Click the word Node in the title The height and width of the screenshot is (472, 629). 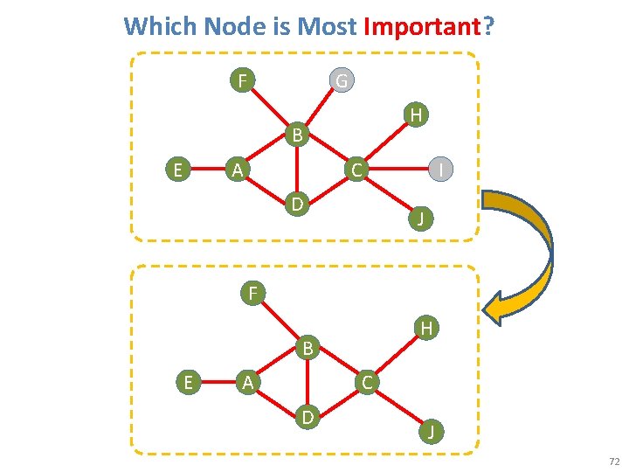[x=235, y=26]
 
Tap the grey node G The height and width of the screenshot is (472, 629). [x=342, y=81]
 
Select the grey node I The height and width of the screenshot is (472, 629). [x=443, y=169]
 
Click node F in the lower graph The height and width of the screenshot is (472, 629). [x=252, y=292]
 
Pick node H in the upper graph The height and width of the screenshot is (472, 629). [x=417, y=115]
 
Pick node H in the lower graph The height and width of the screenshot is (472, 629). [x=426, y=328]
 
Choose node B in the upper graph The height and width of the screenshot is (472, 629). [x=298, y=135]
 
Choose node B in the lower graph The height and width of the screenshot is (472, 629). [x=308, y=348]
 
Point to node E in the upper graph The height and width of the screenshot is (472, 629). [x=178, y=169]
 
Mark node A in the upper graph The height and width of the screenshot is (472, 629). [x=236, y=169]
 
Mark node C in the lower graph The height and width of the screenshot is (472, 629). [x=367, y=381]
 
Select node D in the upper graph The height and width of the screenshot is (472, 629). [x=298, y=205]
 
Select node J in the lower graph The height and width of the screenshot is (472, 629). [x=429, y=430]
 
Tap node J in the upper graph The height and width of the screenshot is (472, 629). [x=420, y=218]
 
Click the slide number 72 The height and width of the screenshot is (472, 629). [x=614, y=461]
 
